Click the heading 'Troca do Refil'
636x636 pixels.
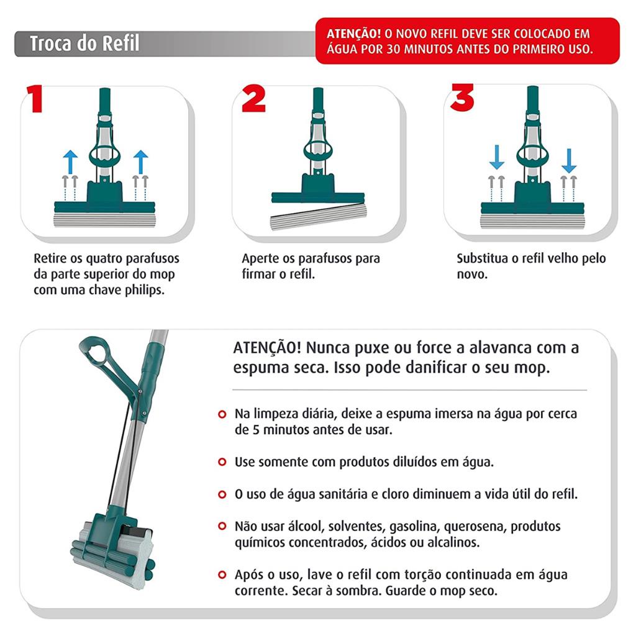84,43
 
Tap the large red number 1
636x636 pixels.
35,99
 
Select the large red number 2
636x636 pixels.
253,98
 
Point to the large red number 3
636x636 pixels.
462,98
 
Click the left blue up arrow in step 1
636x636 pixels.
70,162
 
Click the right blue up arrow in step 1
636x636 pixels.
141,162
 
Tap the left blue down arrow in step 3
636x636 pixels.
496,158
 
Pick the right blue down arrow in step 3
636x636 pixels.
569,161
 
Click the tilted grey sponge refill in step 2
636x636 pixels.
319,217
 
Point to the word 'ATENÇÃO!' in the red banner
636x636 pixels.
353,33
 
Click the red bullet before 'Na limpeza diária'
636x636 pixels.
222,414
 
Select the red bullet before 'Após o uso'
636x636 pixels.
222,575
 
